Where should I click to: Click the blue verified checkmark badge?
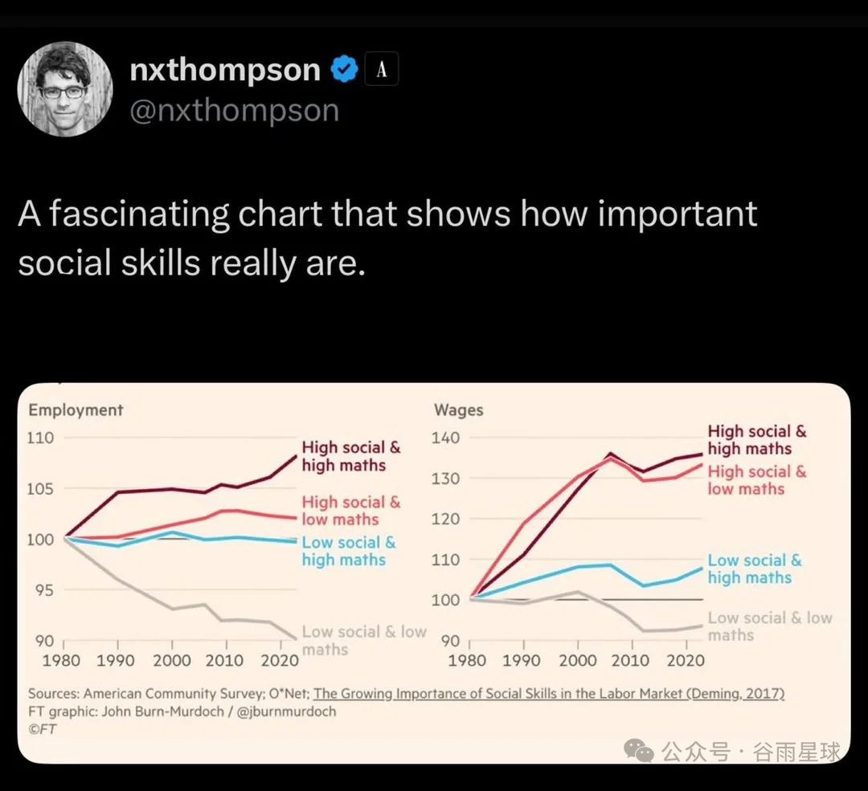pyautogui.click(x=345, y=70)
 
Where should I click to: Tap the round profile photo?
pyautogui.click(x=64, y=89)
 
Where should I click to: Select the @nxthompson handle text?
pyautogui.click(x=234, y=110)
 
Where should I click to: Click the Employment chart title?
pyautogui.click(x=76, y=410)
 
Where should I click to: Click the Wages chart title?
pyautogui.click(x=458, y=410)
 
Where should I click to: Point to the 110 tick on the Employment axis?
pyautogui.click(x=41, y=438)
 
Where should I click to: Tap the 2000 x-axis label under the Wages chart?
pyautogui.click(x=577, y=660)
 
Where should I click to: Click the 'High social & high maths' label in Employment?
pyautogui.click(x=350, y=456)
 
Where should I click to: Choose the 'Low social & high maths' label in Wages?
pyautogui.click(x=755, y=569)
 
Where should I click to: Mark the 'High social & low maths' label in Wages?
pyautogui.click(x=756, y=480)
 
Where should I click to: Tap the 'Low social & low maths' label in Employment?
pyautogui.click(x=363, y=640)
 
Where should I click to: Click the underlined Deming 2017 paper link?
pyautogui.click(x=549, y=694)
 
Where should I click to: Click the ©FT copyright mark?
pyautogui.click(x=43, y=729)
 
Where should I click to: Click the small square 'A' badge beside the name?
pyautogui.click(x=382, y=70)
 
